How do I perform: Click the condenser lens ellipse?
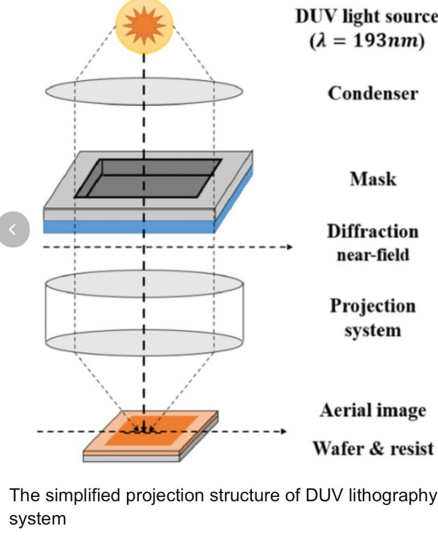pyautogui.click(x=143, y=91)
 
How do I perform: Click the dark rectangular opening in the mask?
pyautogui.click(x=148, y=178)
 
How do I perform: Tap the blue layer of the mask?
pyautogui.click(x=131, y=227)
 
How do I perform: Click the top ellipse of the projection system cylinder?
pyautogui.click(x=143, y=283)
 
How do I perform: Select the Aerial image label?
pyautogui.click(x=373, y=410)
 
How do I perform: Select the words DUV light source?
pyautogui.click(x=366, y=17)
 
